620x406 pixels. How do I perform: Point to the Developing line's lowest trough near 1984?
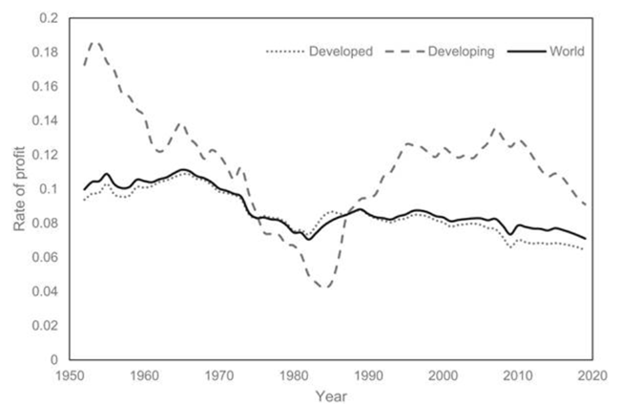pos(325,287)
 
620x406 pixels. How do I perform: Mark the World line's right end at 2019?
pos(584,238)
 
